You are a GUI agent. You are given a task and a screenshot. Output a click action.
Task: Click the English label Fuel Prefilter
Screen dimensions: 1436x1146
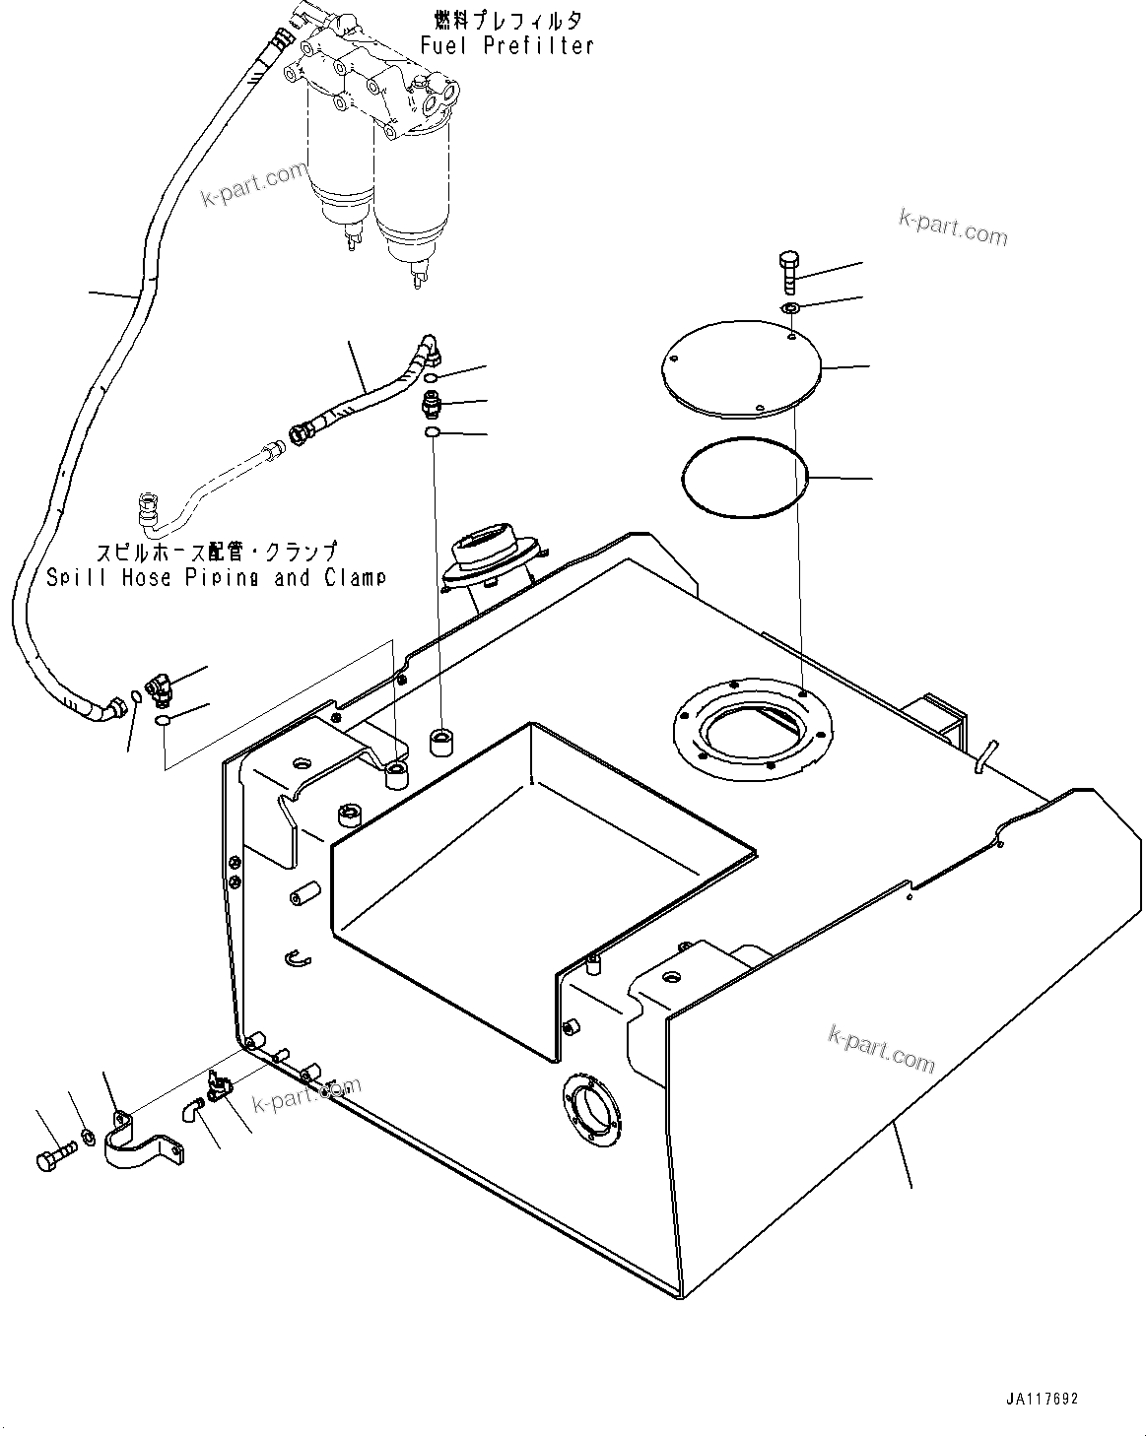coord(506,45)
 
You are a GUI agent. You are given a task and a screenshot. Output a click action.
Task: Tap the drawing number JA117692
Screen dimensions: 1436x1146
coord(1043,1399)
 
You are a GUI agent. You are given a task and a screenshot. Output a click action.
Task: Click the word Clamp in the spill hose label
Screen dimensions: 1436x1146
coord(355,577)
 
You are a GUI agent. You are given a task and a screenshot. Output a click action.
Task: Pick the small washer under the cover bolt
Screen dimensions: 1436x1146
coord(791,310)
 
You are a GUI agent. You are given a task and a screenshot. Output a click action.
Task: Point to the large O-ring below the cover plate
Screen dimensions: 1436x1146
coord(745,476)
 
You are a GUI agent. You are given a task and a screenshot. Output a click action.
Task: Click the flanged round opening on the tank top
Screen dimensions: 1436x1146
coord(752,730)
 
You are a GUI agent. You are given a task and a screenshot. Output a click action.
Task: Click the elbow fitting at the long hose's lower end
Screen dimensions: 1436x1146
coord(158,687)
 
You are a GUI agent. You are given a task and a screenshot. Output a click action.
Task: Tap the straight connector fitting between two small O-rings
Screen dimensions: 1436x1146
coord(430,403)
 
